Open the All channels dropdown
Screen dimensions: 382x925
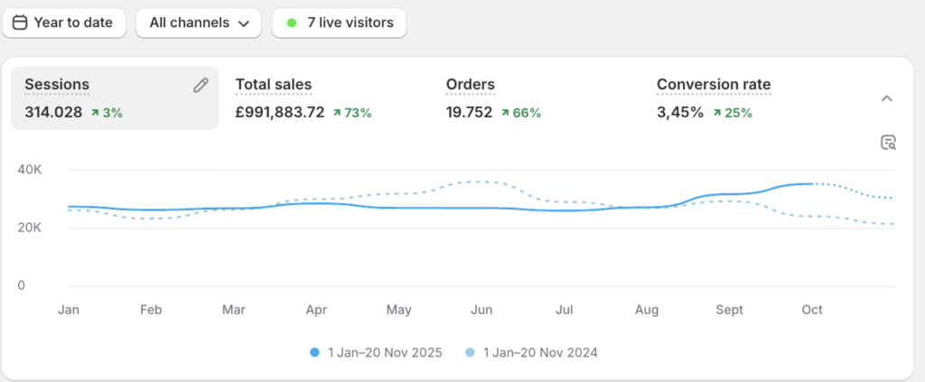[199, 23]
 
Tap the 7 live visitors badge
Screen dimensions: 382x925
[340, 23]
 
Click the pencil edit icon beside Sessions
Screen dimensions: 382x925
[201, 85]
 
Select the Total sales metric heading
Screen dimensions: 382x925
[273, 85]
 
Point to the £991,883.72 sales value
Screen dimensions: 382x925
[280, 113]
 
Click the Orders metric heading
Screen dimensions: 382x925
[470, 85]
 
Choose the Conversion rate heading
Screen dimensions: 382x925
[714, 85]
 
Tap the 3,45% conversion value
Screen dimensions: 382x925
[679, 113]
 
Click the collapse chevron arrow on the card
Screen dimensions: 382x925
[887, 98]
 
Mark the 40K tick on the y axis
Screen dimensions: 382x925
[31, 170]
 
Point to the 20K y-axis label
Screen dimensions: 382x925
[31, 228]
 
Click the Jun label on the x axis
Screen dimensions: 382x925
[481, 310]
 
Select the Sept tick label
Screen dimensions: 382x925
[729, 310]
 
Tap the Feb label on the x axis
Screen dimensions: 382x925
[151, 310]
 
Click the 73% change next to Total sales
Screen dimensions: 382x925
[352, 113]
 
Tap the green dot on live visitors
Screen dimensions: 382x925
[291, 23]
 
